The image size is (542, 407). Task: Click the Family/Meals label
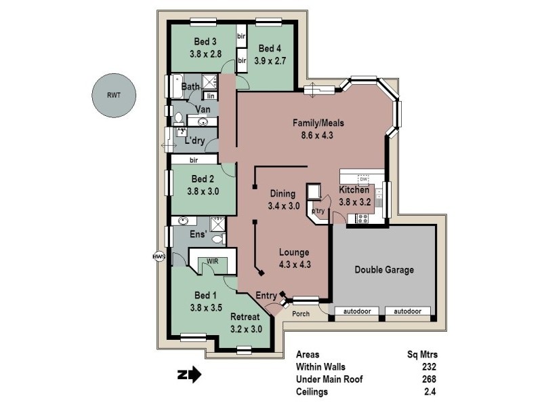pyautogui.click(x=318, y=123)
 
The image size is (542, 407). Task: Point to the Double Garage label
pyautogui.click(x=384, y=269)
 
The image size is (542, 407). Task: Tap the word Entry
pyautogui.click(x=266, y=295)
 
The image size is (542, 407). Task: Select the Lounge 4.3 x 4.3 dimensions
pyautogui.click(x=295, y=265)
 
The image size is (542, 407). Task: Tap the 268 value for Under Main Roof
pyautogui.click(x=426, y=379)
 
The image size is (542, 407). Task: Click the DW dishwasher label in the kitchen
pyautogui.click(x=363, y=178)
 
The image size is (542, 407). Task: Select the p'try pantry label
pyautogui.click(x=318, y=212)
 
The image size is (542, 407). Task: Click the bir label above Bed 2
pyautogui.click(x=194, y=160)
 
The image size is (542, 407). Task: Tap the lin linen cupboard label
pyautogui.click(x=210, y=96)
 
